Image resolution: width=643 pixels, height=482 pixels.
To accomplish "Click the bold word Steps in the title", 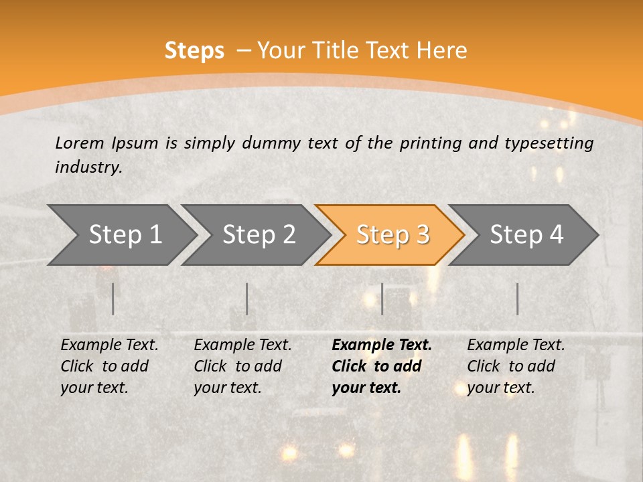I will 194,51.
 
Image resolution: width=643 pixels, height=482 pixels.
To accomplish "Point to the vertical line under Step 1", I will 113,299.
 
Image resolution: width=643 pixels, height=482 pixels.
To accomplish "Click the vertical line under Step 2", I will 247,299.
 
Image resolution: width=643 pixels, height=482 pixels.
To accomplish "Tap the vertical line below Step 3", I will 382,299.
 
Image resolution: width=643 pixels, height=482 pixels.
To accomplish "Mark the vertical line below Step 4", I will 517,299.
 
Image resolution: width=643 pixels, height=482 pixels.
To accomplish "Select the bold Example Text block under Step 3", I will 381,366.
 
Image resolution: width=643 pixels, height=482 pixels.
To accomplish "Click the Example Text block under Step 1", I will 109,366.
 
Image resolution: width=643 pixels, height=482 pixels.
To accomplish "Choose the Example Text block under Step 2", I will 242,366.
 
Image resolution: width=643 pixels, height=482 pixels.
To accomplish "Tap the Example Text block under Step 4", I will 516,366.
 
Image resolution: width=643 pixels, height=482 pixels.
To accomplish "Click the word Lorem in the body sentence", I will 80,143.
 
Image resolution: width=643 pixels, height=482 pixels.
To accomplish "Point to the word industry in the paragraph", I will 88,167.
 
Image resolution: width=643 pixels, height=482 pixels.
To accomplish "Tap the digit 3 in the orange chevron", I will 421,235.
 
